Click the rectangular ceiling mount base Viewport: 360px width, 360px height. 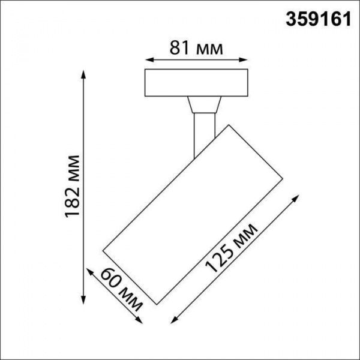(197, 83)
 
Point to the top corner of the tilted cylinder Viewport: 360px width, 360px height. (228, 125)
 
